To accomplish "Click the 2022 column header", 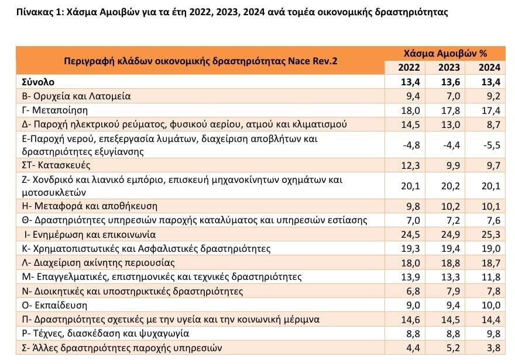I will point(409,68).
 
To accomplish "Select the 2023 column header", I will point(449,68).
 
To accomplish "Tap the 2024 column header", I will point(489,68).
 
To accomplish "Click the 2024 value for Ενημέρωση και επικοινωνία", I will point(489,235).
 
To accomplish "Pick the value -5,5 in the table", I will point(489,144).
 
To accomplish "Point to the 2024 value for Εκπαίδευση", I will point(489,304).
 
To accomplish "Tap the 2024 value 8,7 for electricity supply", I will point(489,124).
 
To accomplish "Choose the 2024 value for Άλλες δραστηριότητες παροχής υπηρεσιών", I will point(489,349).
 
